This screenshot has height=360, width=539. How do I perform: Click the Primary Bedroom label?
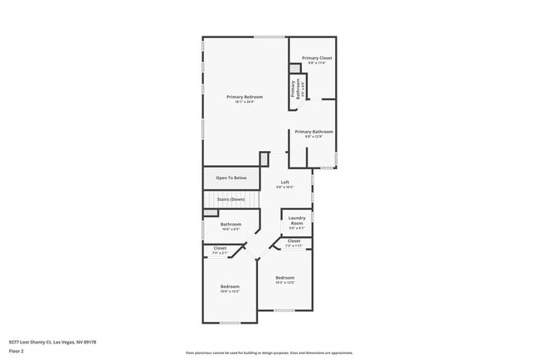click(x=245, y=97)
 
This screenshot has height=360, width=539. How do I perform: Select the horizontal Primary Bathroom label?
click(x=314, y=132)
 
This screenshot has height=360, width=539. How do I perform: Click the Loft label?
click(x=284, y=182)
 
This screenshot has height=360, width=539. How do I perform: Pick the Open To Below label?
click(x=231, y=178)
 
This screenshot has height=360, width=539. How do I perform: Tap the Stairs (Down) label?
click(x=231, y=200)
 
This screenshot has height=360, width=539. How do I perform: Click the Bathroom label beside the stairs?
click(x=231, y=224)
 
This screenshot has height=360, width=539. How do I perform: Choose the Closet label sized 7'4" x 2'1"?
click(x=220, y=248)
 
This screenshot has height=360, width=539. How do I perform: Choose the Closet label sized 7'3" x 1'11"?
click(x=294, y=241)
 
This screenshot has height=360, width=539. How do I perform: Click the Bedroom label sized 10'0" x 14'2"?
click(x=230, y=286)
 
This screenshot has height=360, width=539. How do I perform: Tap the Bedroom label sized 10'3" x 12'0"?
click(x=284, y=278)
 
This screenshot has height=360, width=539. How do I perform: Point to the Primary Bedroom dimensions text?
click(x=245, y=102)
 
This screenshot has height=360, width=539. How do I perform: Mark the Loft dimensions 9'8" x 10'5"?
click(x=284, y=187)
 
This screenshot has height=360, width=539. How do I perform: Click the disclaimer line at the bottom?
click(x=269, y=353)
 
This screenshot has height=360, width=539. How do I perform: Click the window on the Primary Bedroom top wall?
click(x=268, y=36)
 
